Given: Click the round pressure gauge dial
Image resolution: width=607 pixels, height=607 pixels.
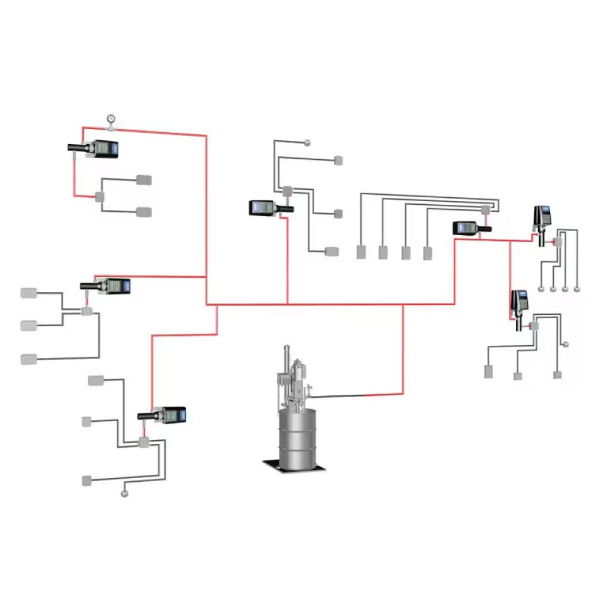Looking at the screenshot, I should [x=111, y=118].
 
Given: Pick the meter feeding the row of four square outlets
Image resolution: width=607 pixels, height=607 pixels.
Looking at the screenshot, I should [x=472, y=228].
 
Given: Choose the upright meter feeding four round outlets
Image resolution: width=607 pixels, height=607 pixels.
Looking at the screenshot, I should [x=541, y=221].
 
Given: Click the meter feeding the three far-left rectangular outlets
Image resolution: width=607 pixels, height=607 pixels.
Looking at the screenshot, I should [x=106, y=286].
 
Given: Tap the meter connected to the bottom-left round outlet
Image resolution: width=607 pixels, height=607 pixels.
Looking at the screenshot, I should [x=162, y=415].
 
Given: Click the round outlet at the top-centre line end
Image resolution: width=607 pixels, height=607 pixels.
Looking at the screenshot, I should [x=308, y=142].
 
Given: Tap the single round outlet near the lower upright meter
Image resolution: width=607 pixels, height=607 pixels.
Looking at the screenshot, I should [x=565, y=345].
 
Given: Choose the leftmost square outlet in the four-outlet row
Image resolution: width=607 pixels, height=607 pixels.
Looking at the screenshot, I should [x=361, y=252].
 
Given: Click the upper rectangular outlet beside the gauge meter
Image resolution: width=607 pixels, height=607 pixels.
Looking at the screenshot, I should [x=144, y=180].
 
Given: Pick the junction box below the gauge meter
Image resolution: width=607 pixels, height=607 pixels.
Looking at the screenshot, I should [x=99, y=197].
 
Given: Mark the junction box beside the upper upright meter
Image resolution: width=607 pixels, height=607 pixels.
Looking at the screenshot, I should [x=558, y=242].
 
